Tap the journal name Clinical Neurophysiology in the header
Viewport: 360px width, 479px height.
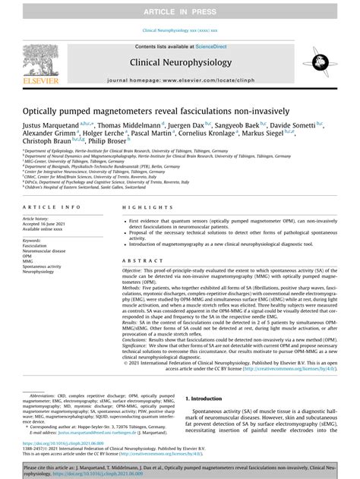click(180, 63)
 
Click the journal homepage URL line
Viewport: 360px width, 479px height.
click(180, 79)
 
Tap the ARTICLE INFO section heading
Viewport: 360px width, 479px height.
click(50, 207)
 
